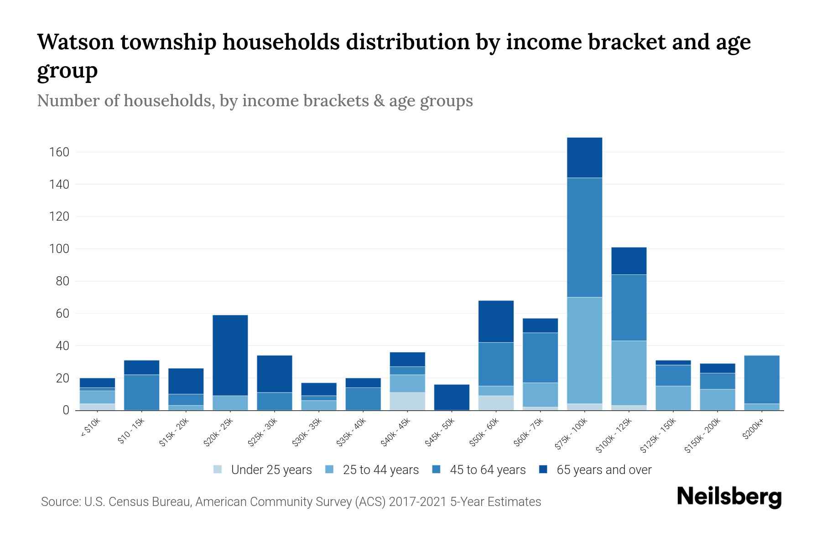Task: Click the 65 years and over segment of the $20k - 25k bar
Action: [230, 355]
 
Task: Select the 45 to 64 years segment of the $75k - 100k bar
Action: [584, 237]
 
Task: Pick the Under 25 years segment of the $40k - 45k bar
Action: [407, 401]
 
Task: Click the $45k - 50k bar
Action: [452, 397]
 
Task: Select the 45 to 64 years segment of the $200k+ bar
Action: [762, 379]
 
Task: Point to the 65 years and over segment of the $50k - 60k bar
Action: [496, 321]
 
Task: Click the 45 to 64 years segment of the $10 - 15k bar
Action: [141, 392]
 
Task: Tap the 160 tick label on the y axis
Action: [59, 152]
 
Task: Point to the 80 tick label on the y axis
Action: [62, 281]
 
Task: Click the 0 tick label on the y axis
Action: [66, 410]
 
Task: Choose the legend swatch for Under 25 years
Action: [218, 470]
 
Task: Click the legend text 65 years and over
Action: [604, 470]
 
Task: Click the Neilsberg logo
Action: [729, 496]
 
